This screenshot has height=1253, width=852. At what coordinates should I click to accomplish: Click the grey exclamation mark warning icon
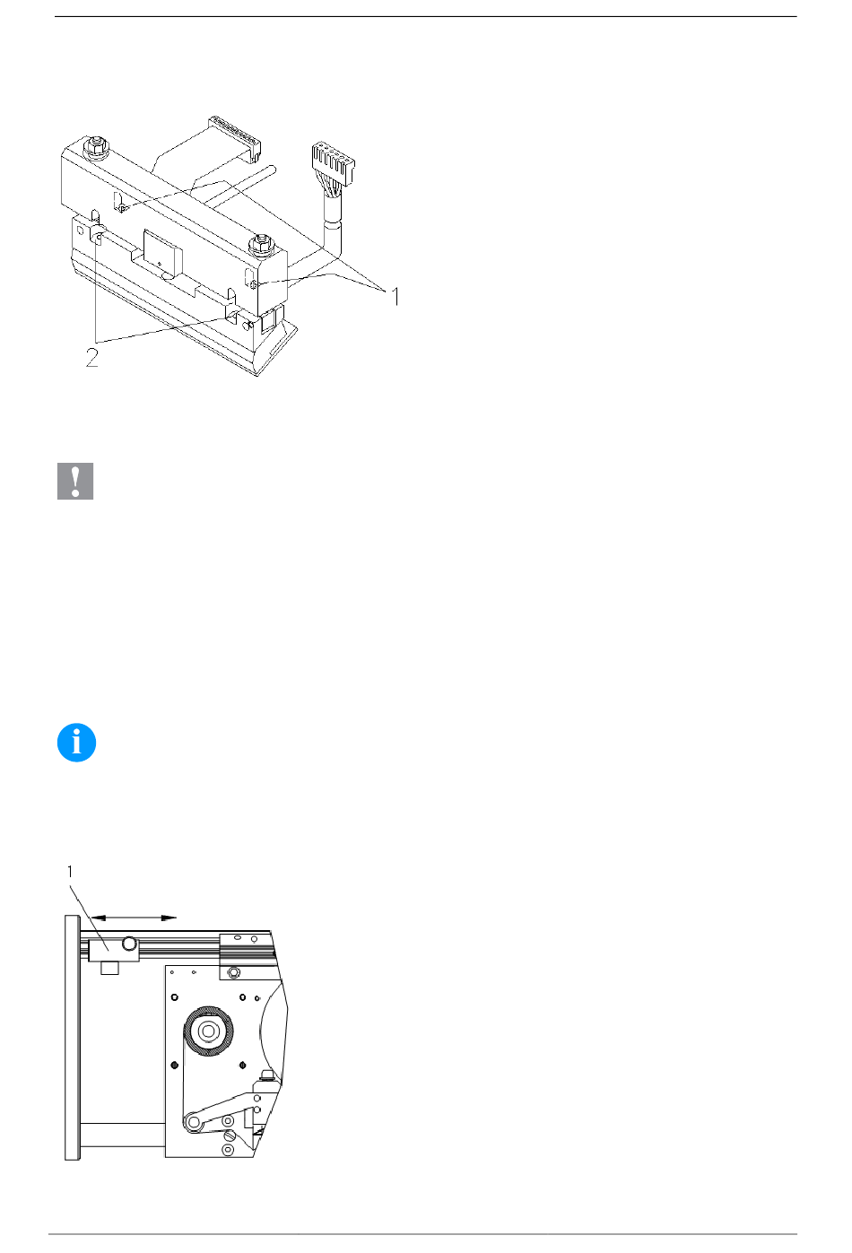(x=75, y=481)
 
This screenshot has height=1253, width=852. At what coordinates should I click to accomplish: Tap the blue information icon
(x=76, y=743)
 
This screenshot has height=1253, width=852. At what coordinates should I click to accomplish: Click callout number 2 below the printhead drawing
(x=91, y=358)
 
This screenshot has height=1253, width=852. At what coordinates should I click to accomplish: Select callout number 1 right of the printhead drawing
(x=396, y=297)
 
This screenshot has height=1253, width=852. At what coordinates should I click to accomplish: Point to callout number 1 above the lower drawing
(x=70, y=872)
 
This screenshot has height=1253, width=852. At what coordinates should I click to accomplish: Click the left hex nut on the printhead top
(x=96, y=145)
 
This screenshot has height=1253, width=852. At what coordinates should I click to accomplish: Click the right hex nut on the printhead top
(x=260, y=244)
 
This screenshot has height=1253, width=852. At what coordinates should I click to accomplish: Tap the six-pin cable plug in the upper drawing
(x=334, y=162)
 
